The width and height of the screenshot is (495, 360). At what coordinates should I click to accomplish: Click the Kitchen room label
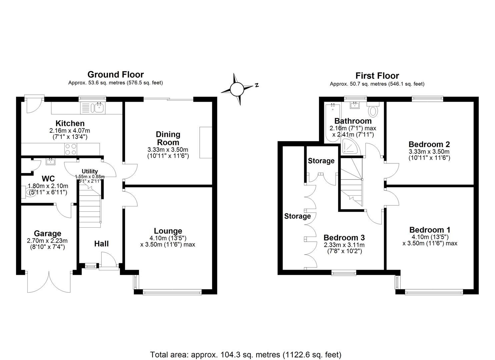[x=70, y=123]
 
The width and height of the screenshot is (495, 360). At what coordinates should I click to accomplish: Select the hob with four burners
[x=71, y=149]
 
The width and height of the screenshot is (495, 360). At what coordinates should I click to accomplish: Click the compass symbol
[x=237, y=89]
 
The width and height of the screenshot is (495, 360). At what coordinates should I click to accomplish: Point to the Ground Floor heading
[x=115, y=74]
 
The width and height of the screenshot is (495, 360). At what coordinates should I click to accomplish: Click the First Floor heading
[x=377, y=76]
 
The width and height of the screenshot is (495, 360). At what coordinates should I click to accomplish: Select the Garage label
[x=47, y=233]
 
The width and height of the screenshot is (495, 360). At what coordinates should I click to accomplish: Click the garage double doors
[x=49, y=282]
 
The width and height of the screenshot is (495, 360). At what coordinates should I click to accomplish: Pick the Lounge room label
[x=168, y=231]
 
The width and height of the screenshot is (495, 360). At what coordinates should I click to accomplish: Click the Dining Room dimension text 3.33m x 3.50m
[x=168, y=150]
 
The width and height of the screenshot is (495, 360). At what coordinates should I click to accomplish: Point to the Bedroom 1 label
[x=430, y=230]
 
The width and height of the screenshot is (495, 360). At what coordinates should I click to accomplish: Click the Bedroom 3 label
[x=344, y=237]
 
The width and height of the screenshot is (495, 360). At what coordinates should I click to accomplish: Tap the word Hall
[x=101, y=244]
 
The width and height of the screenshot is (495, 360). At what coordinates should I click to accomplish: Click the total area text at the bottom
[x=246, y=354]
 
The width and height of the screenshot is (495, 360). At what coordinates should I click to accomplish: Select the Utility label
[x=90, y=171]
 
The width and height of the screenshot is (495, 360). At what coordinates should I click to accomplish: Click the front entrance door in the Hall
[x=109, y=260]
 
